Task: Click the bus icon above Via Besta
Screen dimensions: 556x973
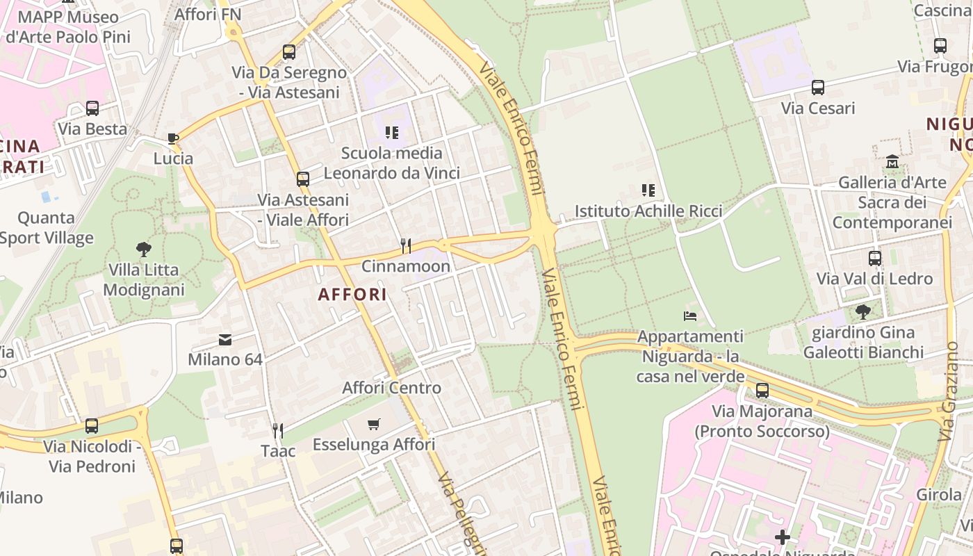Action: point(92,108)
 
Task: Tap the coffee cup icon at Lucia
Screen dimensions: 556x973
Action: point(173,138)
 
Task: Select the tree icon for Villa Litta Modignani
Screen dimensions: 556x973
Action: point(143,249)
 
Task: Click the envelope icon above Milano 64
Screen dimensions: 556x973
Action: point(225,339)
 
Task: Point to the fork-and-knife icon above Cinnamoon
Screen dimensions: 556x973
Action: point(406,245)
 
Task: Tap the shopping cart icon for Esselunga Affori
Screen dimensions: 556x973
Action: point(374,424)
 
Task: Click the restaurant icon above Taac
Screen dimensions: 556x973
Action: point(278,431)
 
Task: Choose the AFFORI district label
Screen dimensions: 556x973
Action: point(352,295)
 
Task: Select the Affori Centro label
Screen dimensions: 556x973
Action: point(391,388)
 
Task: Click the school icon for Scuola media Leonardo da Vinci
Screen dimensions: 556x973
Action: point(392,132)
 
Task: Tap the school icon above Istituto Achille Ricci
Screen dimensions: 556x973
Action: point(648,190)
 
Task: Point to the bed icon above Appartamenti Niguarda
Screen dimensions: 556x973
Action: point(690,316)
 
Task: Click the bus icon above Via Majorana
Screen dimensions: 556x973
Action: point(762,391)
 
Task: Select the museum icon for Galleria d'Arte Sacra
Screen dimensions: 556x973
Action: point(892,162)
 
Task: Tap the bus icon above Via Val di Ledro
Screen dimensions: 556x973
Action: point(874,259)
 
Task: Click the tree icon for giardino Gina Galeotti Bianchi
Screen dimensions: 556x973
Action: point(863,311)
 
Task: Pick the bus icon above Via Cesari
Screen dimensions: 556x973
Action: point(818,88)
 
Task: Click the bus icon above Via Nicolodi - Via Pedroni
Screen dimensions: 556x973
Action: point(92,426)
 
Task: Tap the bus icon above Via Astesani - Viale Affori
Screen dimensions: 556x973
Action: point(302,179)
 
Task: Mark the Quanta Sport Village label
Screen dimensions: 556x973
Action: point(46,228)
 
